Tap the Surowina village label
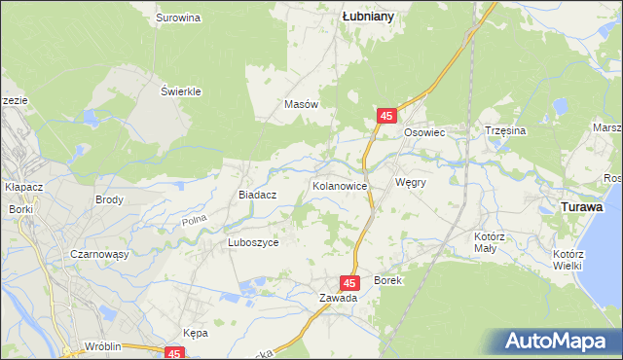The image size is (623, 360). pos(178,18)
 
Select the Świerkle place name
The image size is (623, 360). pos(181,91)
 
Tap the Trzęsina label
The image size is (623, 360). pos(505,130)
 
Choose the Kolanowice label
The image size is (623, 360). pos(339,184)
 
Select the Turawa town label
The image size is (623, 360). pos(582,207)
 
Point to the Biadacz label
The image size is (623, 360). pos(259,195)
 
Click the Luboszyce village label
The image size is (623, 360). pos(253,243)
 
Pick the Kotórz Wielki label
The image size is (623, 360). pos(567,260)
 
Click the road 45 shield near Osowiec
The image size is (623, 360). pos(386,116)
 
